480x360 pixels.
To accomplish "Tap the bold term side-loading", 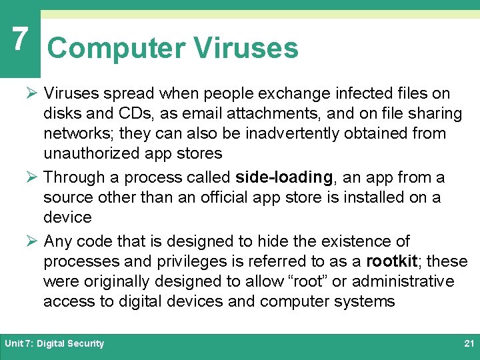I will [284, 177].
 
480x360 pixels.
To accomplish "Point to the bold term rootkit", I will [392, 261].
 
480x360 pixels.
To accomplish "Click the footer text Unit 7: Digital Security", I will [55, 344].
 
